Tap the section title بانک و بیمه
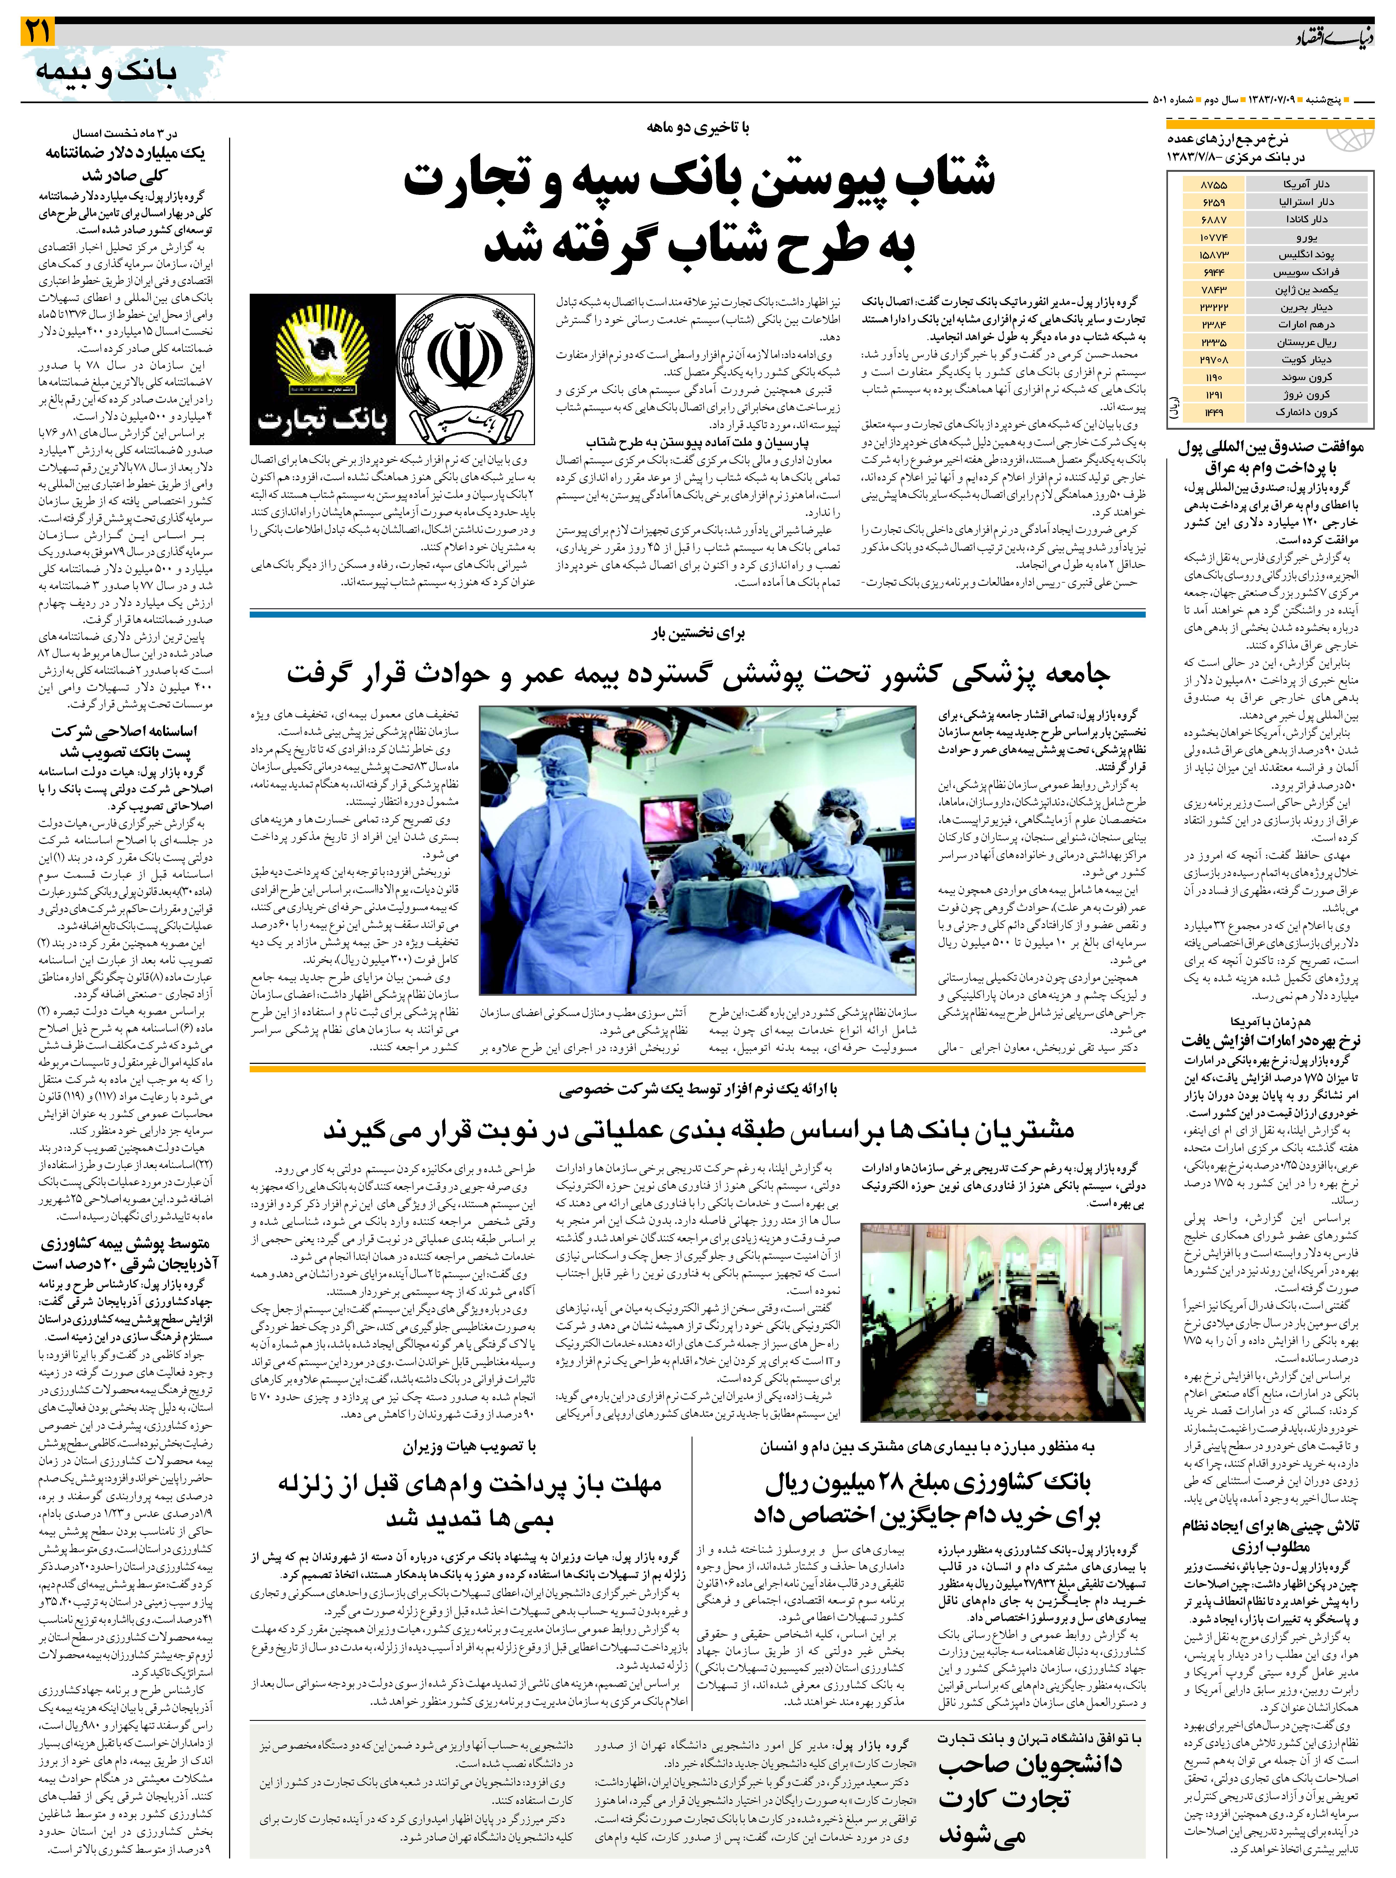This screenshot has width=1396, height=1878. click(x=106, y=72)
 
